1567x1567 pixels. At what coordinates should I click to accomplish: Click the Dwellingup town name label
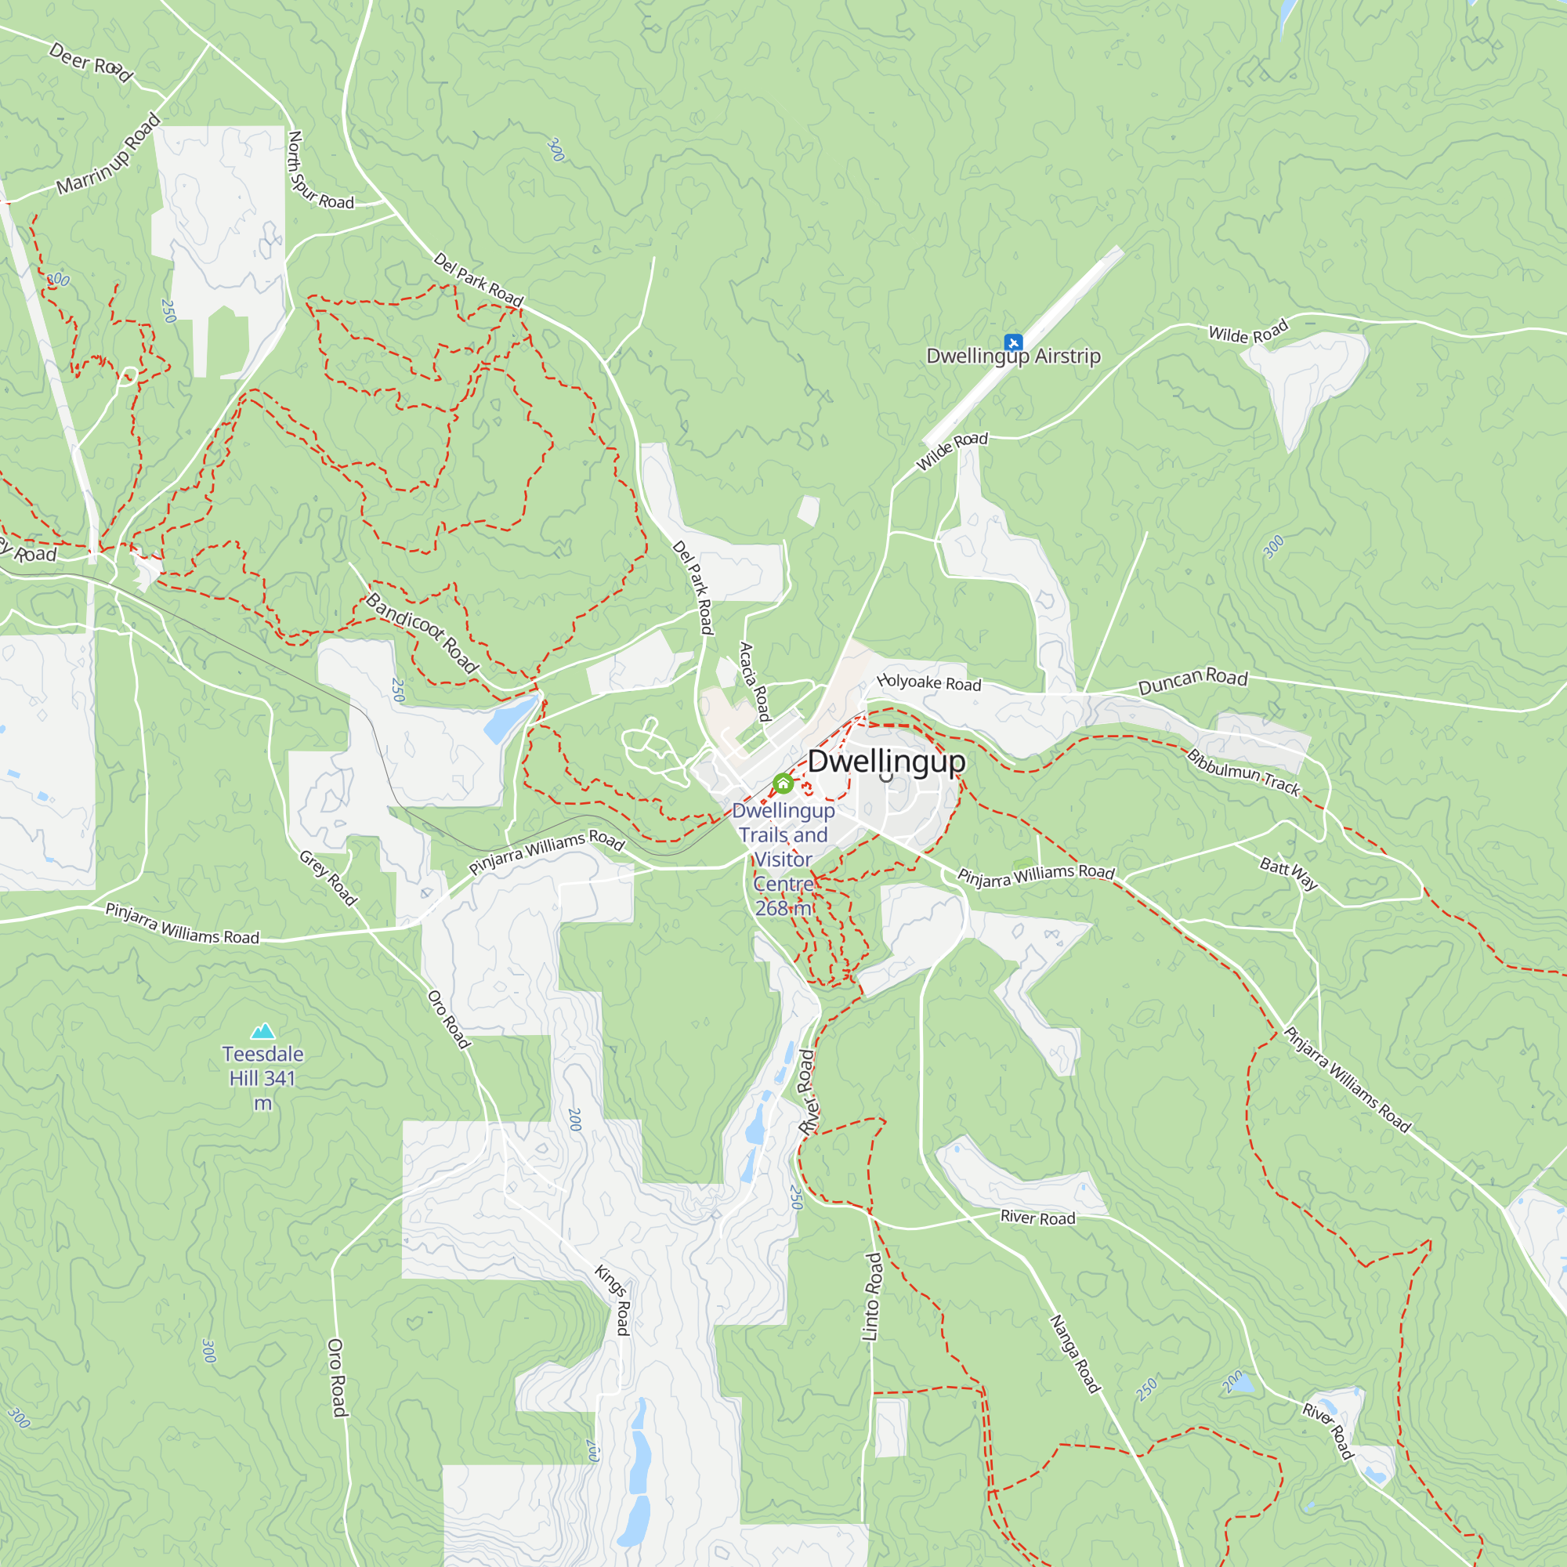point(886,761)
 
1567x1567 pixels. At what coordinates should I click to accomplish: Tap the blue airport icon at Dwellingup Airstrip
point(1013,342)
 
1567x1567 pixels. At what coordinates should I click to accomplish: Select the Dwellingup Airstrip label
point(1013,356)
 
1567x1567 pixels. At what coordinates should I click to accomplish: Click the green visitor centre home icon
point(783,783)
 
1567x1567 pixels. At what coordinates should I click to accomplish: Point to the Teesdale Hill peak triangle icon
point(262,1031)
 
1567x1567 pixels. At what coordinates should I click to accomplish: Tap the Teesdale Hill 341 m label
point(262,1078)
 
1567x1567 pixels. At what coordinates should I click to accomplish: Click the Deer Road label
point(91,63)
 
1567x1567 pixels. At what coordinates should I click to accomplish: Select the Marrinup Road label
point(109,155)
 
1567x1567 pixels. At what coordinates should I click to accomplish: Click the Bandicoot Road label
point(422,632)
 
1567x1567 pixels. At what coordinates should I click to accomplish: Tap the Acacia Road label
point(755,682)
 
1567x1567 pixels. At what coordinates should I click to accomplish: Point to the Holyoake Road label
point(929,683)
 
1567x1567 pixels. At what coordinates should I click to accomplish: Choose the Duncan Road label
point(1192,681)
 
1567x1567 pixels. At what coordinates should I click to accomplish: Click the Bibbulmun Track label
point(1243,773)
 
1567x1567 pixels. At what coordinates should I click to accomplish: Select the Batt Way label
point(1289,874)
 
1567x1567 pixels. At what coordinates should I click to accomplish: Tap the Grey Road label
point(328,878)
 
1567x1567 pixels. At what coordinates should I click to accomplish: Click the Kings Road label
point(613,1298)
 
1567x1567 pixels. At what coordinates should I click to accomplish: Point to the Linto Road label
point(872,1297)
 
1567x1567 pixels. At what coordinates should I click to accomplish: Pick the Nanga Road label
point(1076,1354)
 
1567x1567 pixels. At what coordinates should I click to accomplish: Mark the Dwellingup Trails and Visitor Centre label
point(783,859)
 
